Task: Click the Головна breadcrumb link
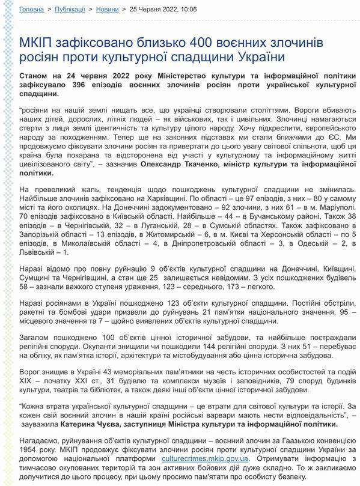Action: (x=31, y=10)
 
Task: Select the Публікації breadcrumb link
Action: (x=70, y=10)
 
